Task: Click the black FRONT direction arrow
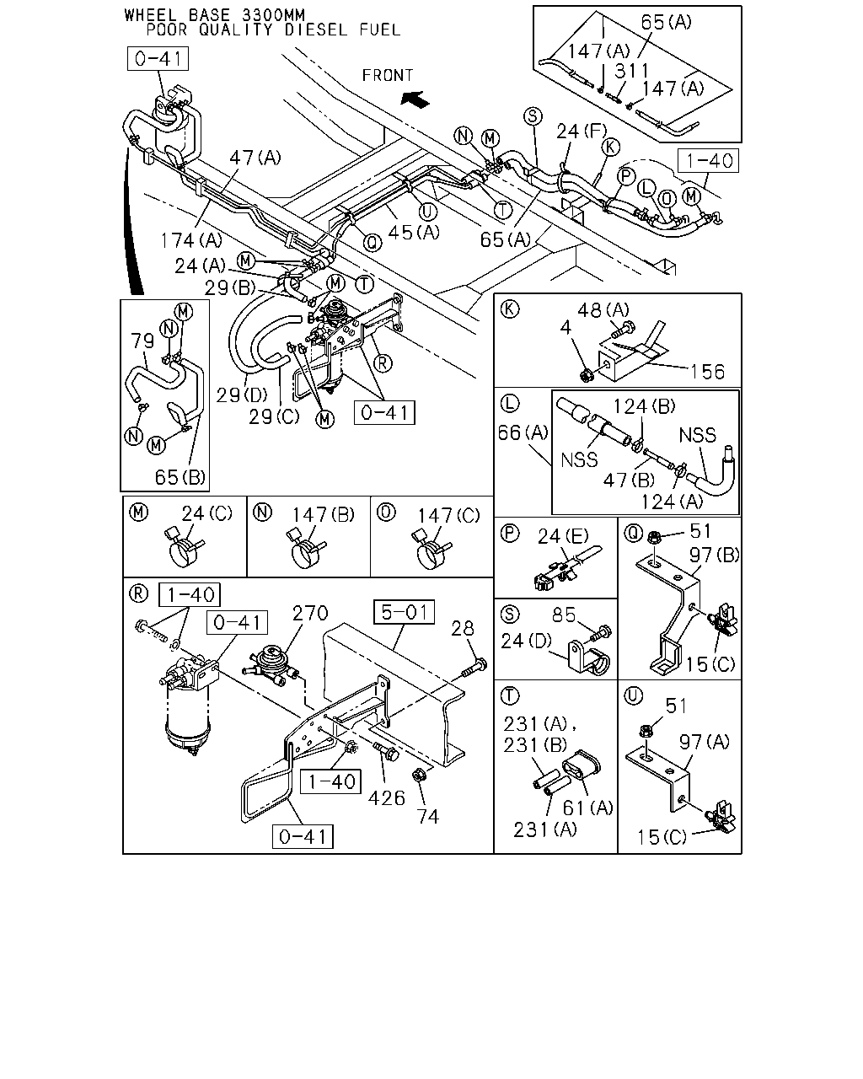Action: point(415,99)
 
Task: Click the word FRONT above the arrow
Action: point(388,76)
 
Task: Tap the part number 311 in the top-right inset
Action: point(632,71)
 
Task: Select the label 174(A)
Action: point(191,241)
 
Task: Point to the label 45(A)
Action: point(414,232)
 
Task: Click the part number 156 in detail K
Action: point(708,372)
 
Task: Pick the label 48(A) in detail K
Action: point(603,310)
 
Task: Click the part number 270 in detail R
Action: point(310,613)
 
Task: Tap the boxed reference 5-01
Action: point(405,612)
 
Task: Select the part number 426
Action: point(386,798)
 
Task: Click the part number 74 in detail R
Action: point(428,817)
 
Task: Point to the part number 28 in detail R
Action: point(463,628)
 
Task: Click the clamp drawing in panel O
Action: point(431,551)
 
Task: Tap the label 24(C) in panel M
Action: point(207,513)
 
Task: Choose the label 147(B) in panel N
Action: point(324,515)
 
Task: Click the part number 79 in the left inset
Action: point(142,341)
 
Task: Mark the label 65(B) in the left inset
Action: point(180,477)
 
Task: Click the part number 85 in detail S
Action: point(564,615)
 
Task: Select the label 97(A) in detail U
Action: point(705,742)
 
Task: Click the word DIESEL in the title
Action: point(316,30)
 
